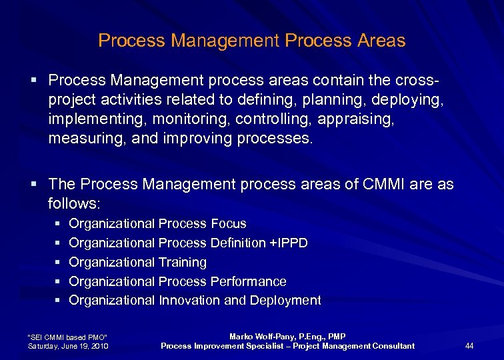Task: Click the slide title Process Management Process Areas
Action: (x=251, y=41)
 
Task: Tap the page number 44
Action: (x=469, y=345)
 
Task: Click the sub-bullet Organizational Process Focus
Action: (x=157, y=224)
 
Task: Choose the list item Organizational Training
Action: (x=137, y=262)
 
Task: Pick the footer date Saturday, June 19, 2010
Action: (x=67, y=345)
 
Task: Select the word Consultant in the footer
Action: (x=388, y=345)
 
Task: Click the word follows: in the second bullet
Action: (x=73, y=203)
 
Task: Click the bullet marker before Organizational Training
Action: (x=57, y=263)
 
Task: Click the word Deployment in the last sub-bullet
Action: (x=285, y=301)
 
